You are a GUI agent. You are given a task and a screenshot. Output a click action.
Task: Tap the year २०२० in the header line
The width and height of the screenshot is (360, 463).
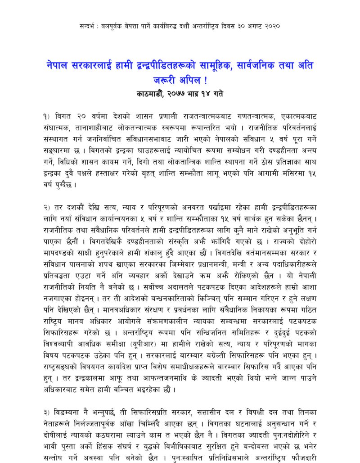(x=272, y=26)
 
